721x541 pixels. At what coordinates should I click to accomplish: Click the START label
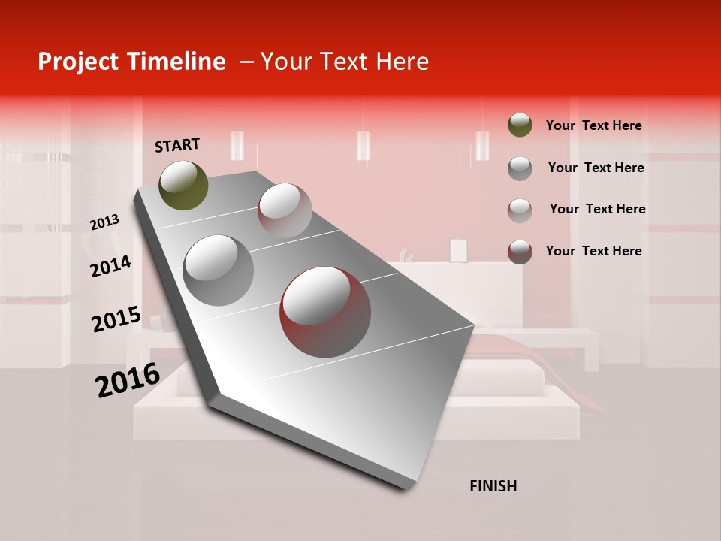click(x=177, y=145)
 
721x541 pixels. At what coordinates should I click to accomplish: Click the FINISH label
click(x=493, y=486)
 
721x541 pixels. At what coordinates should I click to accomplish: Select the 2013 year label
click(x=104, y=222)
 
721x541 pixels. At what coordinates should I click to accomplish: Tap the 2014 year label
click(x=110, y=266)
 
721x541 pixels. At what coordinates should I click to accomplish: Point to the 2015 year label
click(x=116, y=319)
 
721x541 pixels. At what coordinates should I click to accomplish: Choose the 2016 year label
click(x=128, y=379)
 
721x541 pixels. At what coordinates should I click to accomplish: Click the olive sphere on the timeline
click(x=183, y=186)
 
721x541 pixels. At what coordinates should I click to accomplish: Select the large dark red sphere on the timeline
click(x=325, y=313)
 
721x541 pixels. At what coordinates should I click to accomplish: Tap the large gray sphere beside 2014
click(x=218, y=270)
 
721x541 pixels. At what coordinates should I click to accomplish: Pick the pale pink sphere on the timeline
click(x=285, y=210)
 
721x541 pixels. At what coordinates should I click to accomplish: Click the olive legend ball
click(x=520, y=125)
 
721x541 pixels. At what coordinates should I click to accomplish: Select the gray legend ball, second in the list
click(x=520, y=168)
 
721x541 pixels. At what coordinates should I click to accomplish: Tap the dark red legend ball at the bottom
click(x=520, y=251)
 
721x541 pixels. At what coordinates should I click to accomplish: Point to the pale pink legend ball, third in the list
click(x=520, y=210)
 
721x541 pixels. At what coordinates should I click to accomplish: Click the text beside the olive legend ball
click(x=593, y=125)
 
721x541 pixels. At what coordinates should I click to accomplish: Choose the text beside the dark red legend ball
click(x=593, y=251)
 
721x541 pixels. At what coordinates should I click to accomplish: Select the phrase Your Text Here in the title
click(x=345, y=62)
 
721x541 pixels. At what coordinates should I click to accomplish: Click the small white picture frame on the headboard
click(x=458, y=250)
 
